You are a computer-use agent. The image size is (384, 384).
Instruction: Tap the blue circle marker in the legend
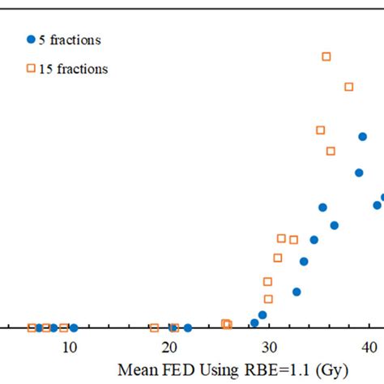[31, 40]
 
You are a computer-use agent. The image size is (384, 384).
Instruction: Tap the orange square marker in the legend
[31, 69]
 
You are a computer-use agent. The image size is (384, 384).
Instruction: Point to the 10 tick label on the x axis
[70, 348]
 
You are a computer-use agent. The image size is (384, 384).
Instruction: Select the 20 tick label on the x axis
[169, 348]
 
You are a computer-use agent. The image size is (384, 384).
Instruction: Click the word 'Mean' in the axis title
[137, 369]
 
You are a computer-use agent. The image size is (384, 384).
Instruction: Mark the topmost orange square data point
[326, 57]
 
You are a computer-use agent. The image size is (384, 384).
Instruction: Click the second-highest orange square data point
[349, 87]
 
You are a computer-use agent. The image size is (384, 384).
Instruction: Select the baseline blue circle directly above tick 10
[74, 328]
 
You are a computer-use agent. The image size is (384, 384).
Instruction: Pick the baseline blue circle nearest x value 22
[188, 328]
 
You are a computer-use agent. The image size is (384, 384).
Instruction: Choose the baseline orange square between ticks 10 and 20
[154, 327]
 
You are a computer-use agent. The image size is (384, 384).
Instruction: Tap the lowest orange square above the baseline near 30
[268, 299]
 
